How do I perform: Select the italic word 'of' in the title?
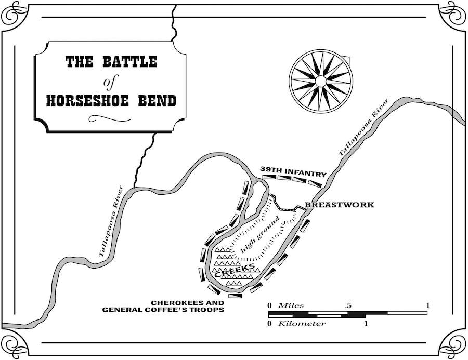(x=108, y=81)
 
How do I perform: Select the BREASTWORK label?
(x=340, y=205)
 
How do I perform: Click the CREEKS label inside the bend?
(x=235, y=270)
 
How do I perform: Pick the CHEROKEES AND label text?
(x=187, y=303)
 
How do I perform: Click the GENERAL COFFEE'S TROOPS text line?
(x=163, y=310)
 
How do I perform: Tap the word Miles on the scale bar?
(x=291, y=305)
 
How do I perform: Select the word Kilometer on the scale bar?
(x=302, y=324)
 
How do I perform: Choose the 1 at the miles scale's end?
(x=428, y=305)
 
